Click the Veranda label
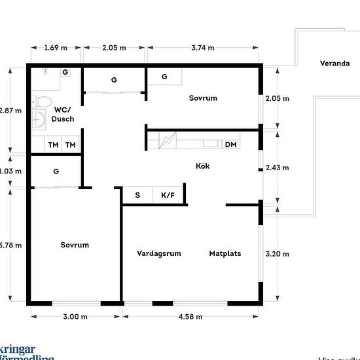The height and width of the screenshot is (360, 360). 333,63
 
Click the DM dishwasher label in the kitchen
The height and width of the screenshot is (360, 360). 230,145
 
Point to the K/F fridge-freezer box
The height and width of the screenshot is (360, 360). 167,195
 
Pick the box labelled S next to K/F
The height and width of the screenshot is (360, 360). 137,195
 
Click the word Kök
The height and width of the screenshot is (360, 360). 203,166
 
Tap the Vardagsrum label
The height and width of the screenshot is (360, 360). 158,253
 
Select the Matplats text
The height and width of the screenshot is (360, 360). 225,253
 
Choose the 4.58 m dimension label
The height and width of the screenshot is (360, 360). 190,317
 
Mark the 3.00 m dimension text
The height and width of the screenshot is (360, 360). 75,317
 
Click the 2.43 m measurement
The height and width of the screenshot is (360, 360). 277,168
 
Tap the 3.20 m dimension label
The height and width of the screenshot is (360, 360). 277,253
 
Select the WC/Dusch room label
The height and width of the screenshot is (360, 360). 63,115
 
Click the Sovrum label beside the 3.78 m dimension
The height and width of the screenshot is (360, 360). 75,245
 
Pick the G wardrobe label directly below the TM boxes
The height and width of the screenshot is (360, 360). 56,171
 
